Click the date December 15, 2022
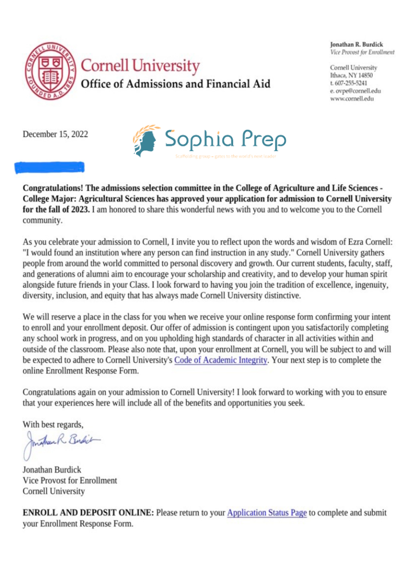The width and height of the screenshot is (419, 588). tap(55, 135)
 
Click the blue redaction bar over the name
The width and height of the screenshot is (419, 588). tap(50, 167)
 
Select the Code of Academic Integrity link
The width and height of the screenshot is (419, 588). tap(221, 360)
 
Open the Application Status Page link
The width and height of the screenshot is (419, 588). tap(266, 513)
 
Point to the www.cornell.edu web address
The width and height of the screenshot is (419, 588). tap(352, 98)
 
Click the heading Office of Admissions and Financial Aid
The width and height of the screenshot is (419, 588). tap(176, 83)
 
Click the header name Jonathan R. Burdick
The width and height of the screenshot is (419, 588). tap(356, 45)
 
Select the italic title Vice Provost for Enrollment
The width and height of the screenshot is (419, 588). tap(363, 52)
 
